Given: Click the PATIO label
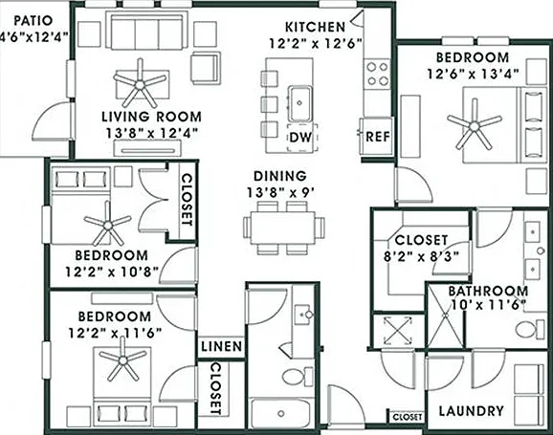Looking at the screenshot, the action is [33, 20].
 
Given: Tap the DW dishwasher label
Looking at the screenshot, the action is [300, 137].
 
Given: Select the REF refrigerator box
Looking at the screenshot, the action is [376, 137].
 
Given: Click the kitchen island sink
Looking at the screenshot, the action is [300, 103].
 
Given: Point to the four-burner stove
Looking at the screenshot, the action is [378, 74].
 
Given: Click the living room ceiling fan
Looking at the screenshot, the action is [140, 84].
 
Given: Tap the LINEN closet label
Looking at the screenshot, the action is [221, 346].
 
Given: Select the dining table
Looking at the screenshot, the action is [283, 228].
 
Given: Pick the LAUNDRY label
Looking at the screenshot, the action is [471, 411].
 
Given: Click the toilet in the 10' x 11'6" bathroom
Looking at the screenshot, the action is [530, 330].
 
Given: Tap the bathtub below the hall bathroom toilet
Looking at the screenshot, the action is [281, 413].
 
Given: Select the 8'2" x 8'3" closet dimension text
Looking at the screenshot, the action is [422, 256].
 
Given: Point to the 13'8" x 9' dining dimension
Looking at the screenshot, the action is [280, 192].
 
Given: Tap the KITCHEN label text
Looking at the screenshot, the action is [315, 27].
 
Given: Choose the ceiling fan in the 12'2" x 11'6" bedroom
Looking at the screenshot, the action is [123, 360].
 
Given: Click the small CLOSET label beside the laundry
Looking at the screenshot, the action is [407, 417].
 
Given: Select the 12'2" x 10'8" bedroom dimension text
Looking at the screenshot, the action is [112, 272].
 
